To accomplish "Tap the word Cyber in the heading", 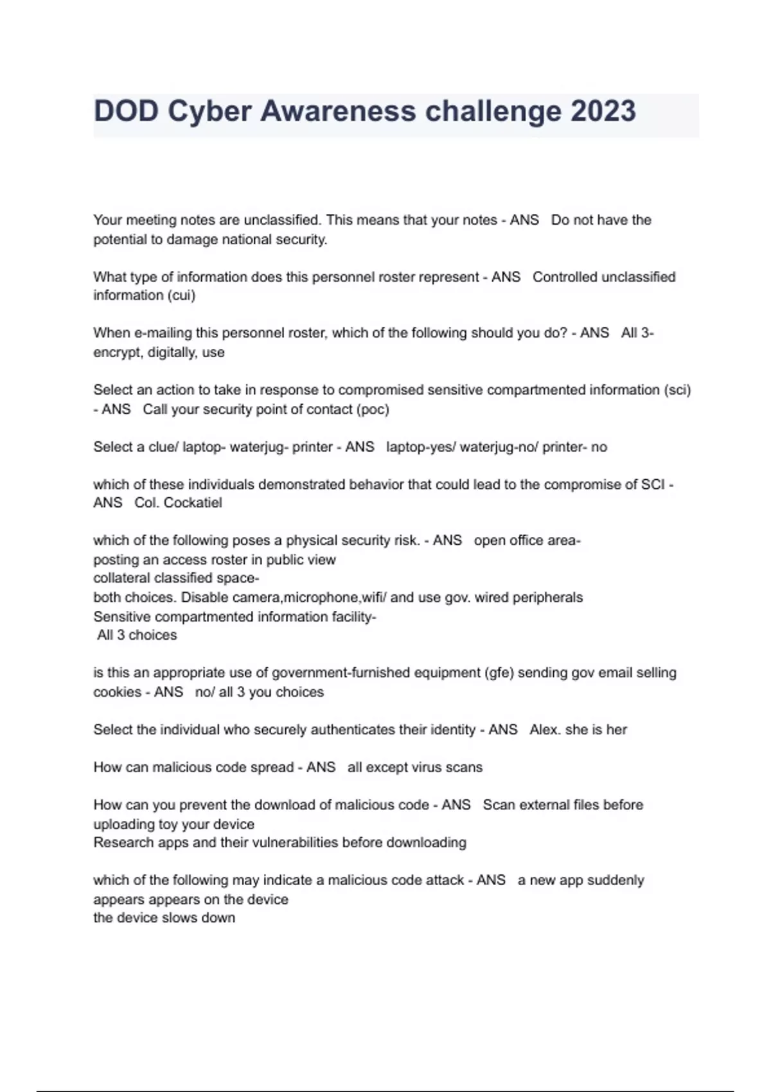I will point(209,112).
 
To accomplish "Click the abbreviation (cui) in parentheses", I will point(181,295).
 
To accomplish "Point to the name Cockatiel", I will point(193,503).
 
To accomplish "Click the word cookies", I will point(117,692).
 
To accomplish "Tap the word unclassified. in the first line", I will point(283,220).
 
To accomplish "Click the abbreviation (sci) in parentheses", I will point(677,390).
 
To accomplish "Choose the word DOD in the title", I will point(126,112).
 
